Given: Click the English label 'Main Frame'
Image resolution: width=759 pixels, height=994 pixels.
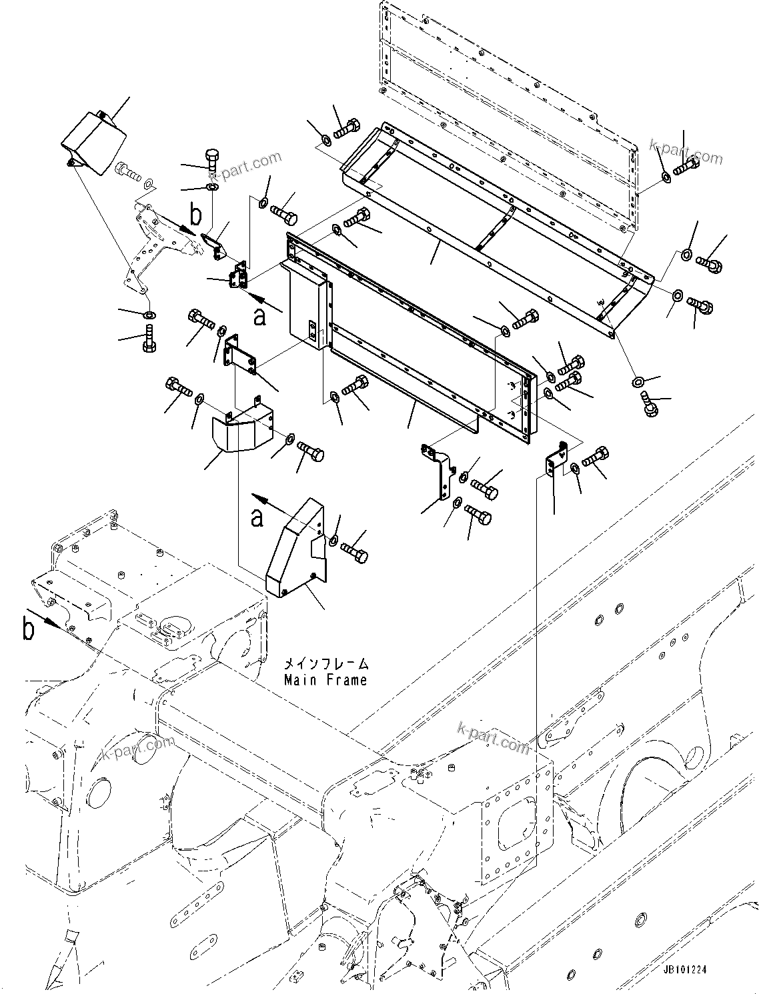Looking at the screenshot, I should click(325, 680).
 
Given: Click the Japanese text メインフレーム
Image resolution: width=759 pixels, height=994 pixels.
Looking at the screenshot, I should click(325, 664).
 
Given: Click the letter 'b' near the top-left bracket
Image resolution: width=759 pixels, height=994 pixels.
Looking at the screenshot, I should click(195, 215).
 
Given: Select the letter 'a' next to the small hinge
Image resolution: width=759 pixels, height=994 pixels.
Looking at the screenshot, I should click(259, 316).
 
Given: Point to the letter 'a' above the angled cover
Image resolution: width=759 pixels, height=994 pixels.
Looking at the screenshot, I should click(257, 517).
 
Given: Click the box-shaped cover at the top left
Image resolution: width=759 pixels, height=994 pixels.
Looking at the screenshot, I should click(93, 142).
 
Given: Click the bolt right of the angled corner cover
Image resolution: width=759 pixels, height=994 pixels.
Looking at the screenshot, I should click(354, 551).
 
